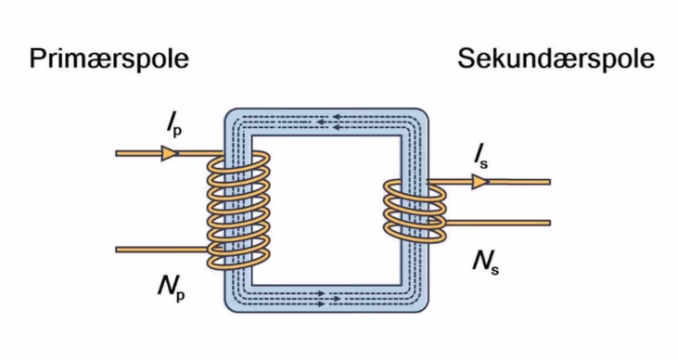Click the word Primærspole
109,59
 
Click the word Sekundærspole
556,59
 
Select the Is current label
480,157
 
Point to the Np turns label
172,288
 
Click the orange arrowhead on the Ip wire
170,153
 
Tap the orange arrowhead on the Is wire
480,182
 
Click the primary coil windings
238,211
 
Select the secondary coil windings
415,212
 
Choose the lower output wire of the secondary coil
497,223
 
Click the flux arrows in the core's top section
334,122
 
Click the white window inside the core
326,211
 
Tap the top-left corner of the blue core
225,109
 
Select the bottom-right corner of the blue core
428,311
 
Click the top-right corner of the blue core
428,109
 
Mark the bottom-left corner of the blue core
225,311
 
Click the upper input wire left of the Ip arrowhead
138,153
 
